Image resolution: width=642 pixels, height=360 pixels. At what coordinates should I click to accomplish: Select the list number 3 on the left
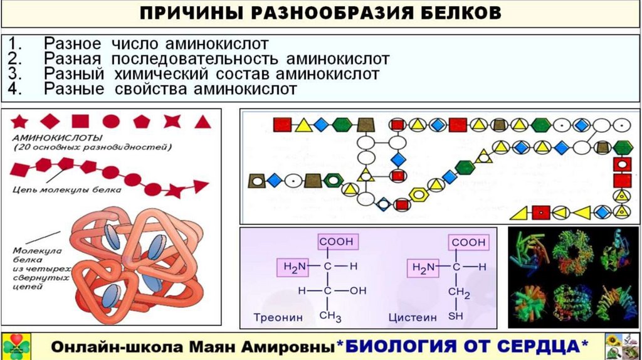point(16,74)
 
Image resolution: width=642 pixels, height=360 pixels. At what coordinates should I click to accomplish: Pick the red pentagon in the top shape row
point(141,121)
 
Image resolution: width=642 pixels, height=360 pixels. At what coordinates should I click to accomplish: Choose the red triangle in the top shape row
point(202,121)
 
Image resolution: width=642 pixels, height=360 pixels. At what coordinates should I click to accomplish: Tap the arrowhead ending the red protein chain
point(201,186)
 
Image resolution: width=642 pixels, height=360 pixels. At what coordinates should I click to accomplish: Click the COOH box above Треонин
point(336,241)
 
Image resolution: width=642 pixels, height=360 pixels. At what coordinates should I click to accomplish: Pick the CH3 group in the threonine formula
point(330,316)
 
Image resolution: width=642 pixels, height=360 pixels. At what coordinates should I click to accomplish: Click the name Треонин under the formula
point(278,317)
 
